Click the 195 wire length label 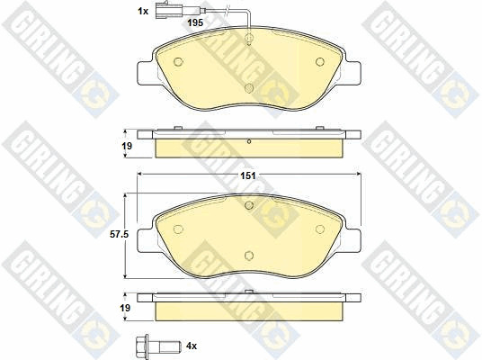[x=195, y=22]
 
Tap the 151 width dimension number [x=248, y=175]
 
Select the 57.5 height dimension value [x=120, y=235]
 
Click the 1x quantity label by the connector [x=143, y=12]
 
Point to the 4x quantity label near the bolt [x=192, y=346]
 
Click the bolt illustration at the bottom [x=158, y=346]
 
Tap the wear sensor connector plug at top [x=168, y=10]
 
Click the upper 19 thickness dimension [x=127, y=146]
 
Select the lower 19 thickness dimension [x=125, y=308]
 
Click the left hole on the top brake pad [x=178, y=62]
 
